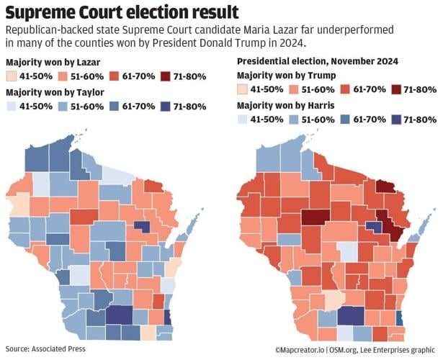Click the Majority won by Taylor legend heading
(x=50, y=92)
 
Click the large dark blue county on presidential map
(x=352, y=315)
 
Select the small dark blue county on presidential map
(x=373, y=226)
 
